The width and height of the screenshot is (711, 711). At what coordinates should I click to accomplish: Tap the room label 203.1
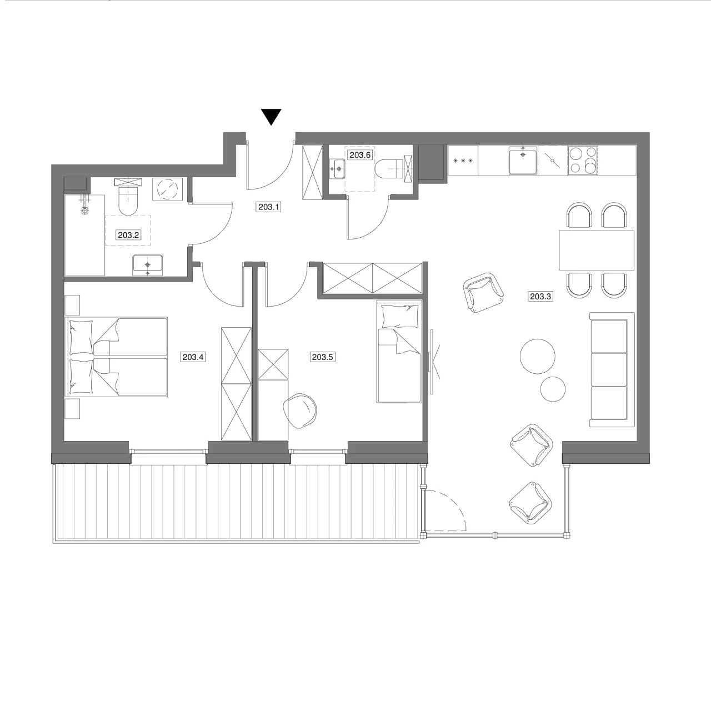point(269,207)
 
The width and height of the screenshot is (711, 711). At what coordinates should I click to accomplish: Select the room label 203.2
point(128,234)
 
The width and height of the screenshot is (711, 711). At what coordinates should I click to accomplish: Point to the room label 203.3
point(540,296)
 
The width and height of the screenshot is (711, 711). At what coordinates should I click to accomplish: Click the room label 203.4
point(193,357)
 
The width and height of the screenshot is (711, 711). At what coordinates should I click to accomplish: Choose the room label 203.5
point(323,357)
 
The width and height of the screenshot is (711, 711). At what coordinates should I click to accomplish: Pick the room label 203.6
point(360,155)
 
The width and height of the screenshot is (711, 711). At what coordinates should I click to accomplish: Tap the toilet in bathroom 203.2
point(128,201)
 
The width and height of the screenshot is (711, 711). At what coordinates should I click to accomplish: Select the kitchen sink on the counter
point(523,160)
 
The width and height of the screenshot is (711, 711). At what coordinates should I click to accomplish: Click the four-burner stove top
point(583,161)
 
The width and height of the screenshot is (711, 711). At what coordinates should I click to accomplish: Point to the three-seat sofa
point(612,369)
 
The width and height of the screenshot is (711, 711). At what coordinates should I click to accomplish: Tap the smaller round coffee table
point(553,389)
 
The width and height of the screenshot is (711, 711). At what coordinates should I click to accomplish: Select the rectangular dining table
point(597,250)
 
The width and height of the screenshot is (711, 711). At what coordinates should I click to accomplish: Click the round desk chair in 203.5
point(300,410)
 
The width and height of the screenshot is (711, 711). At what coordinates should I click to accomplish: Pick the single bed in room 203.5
point(399,352)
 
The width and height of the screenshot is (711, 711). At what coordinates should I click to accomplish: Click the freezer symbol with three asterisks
point(463,161)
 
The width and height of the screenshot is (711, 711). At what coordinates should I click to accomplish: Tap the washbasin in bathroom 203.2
point(148,264)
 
